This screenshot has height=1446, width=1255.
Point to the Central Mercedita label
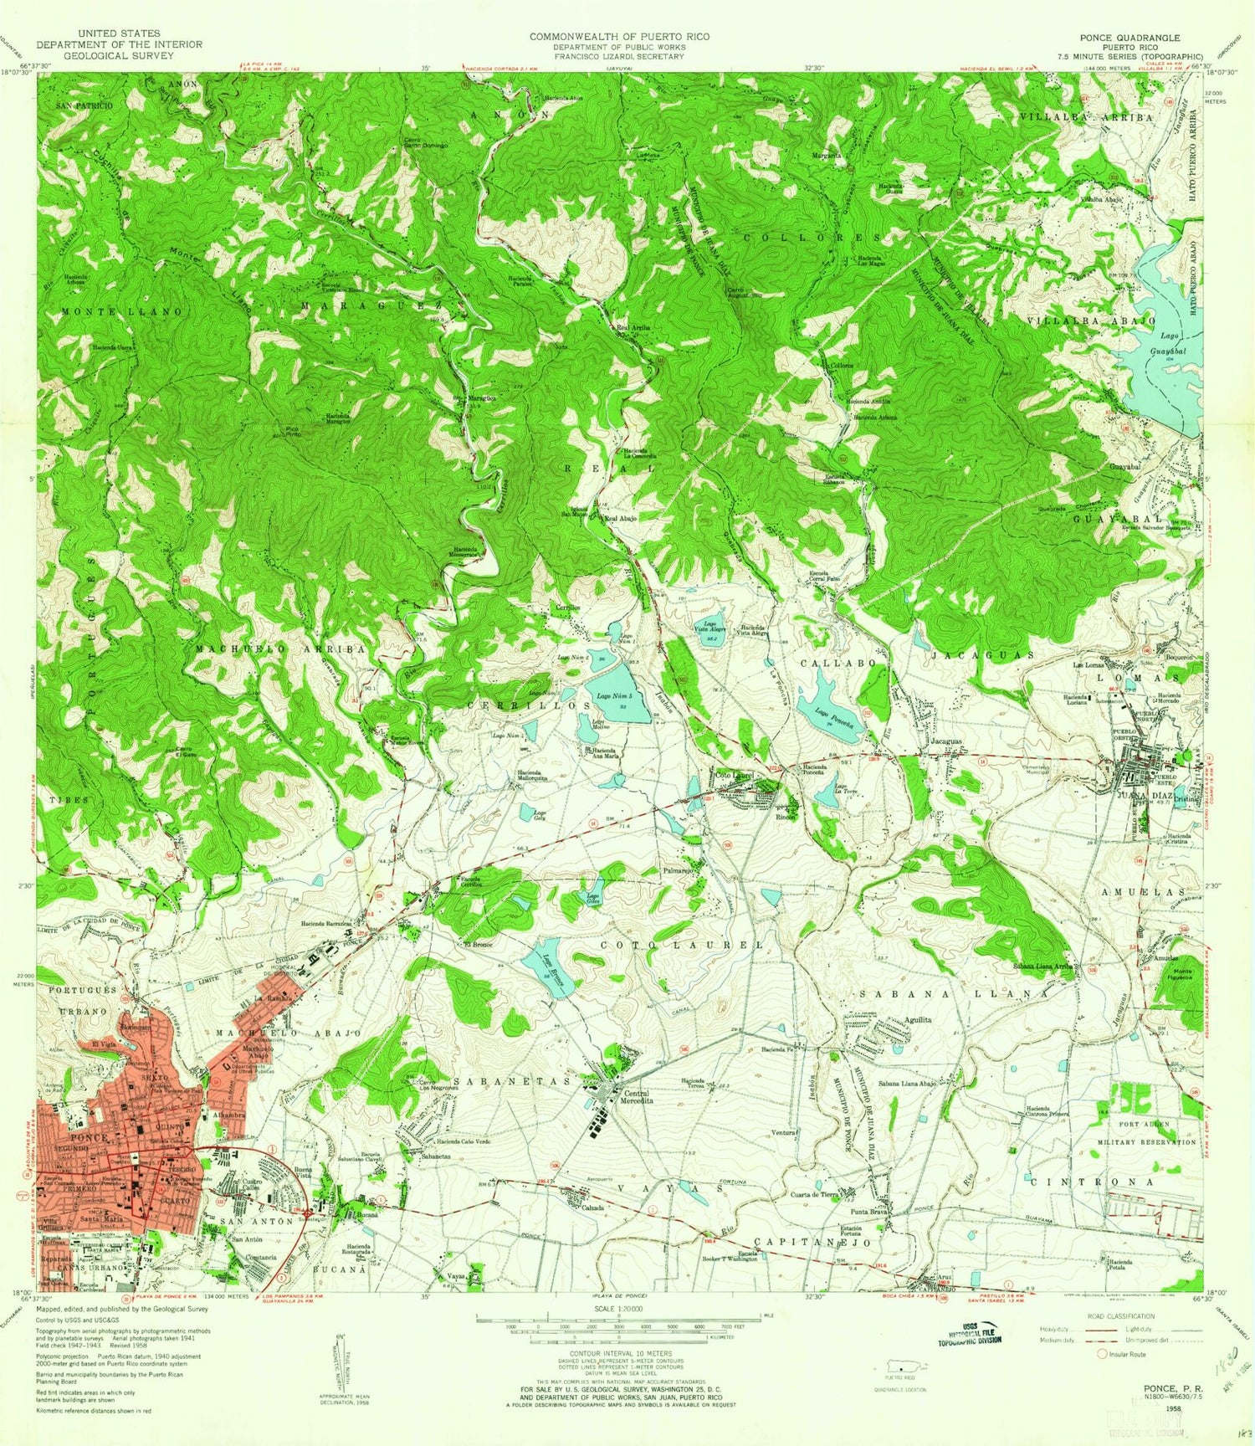click(x=638, y=1097)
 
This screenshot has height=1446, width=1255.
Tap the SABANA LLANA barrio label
click(x=954, y=993)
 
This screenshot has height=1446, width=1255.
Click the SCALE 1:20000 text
click(x=618, y=1307)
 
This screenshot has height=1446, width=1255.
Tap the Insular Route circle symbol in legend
click(x=1101, y=1354)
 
